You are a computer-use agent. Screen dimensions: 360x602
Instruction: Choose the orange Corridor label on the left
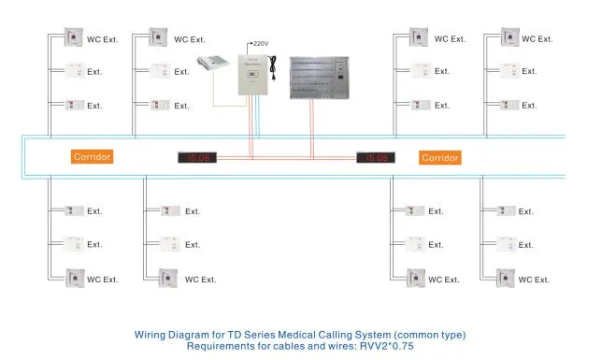[93, 157]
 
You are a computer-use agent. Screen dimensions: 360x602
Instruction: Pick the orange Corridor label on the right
[439, 157]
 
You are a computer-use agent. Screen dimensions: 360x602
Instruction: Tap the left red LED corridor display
[197, 158]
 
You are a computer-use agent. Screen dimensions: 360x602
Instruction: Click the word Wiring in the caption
[154, 334]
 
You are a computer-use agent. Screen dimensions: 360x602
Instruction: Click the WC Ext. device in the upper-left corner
[73, 39]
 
